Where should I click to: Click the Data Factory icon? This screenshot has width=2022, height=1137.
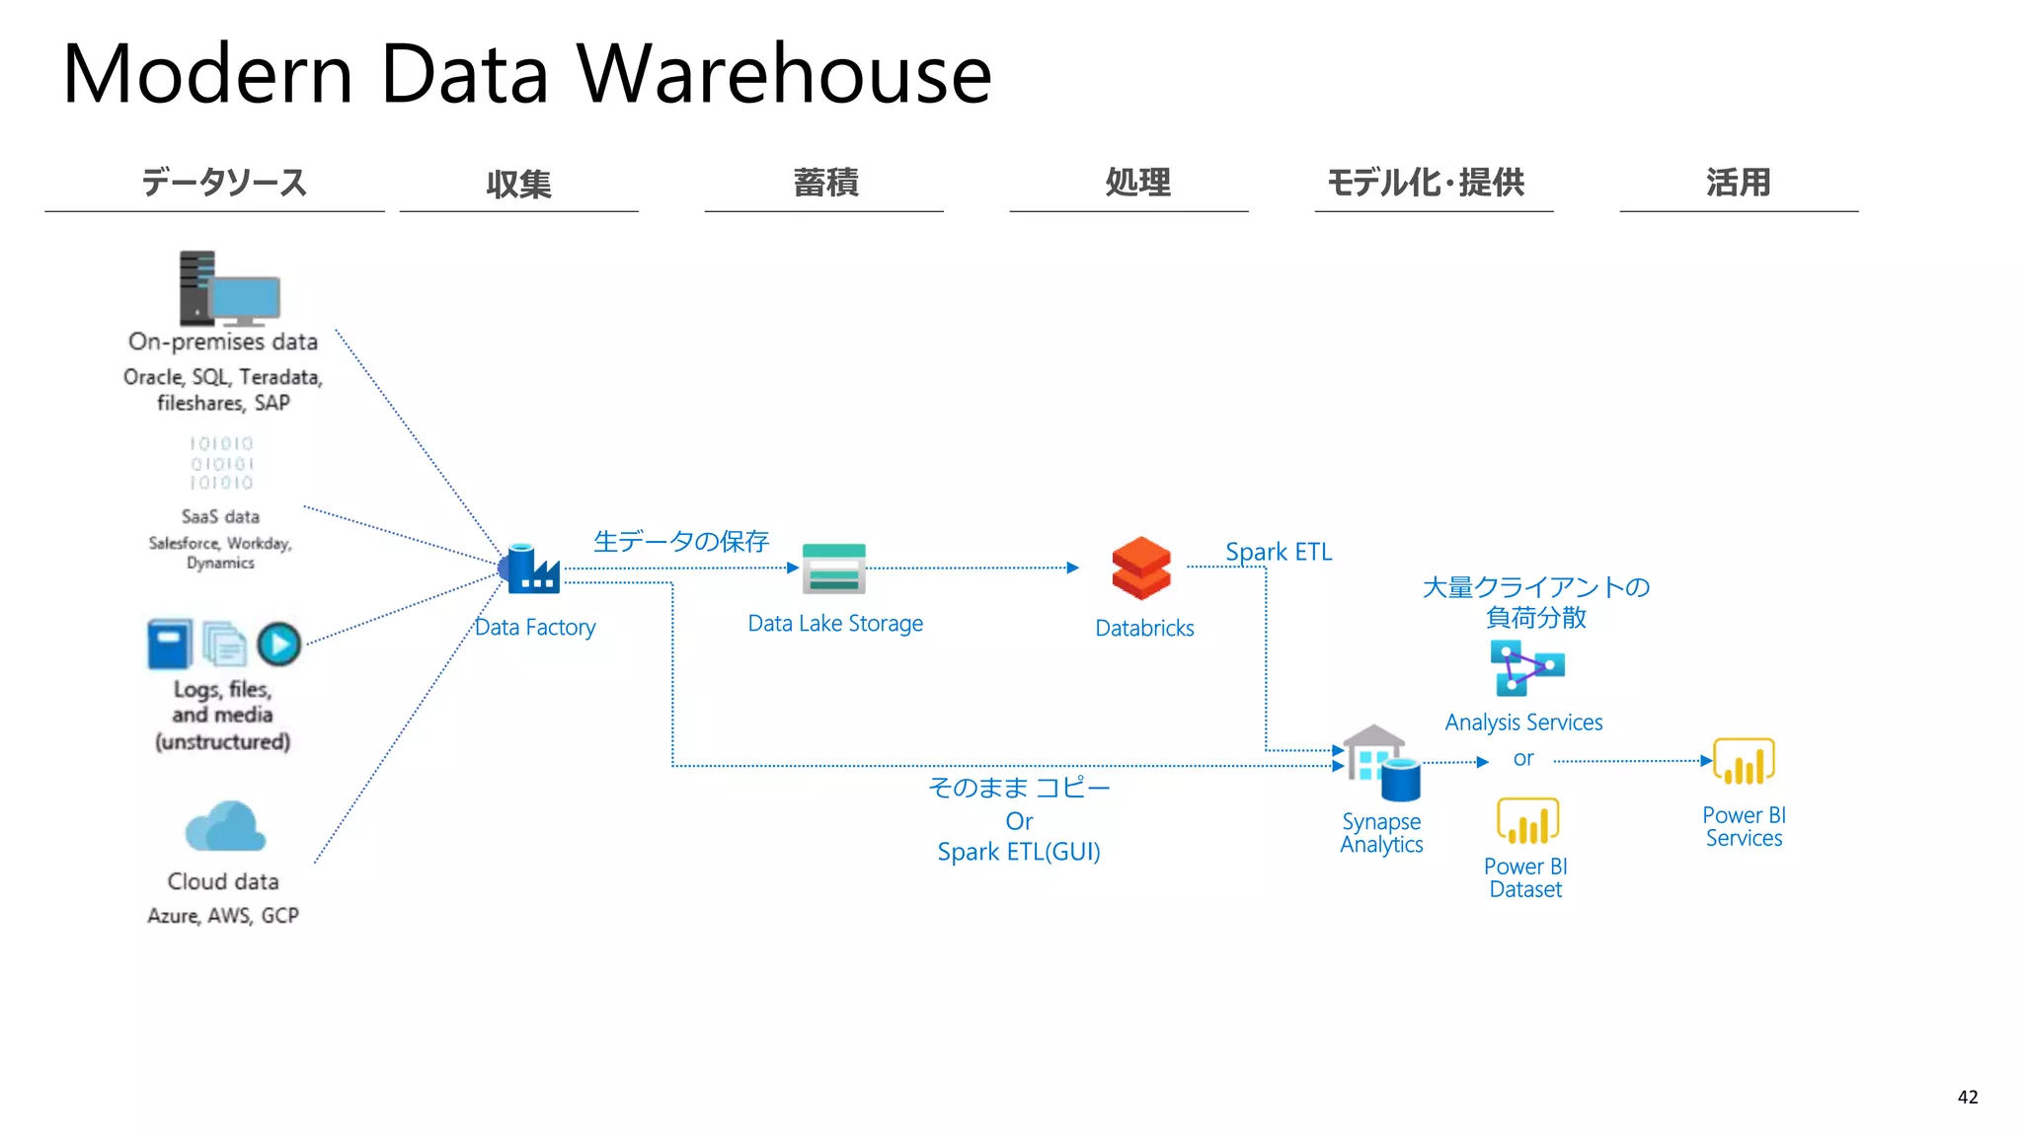click(531, 568)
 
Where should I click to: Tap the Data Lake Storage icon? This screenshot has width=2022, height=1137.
click(834, 568)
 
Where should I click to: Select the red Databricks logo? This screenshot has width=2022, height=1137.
click(1141, 568)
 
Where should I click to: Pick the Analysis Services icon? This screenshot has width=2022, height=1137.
click(1526, 668)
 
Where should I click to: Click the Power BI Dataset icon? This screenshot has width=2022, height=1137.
click(1527, 821)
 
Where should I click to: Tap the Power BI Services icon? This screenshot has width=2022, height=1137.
click(1744, 762)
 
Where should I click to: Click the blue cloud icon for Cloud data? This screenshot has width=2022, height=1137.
click(225, 827)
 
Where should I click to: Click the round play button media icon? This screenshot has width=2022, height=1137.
click(279, 644)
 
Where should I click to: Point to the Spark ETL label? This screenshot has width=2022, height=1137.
click(1279, 552)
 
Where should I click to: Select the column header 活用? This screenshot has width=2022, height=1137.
click(1738, 183)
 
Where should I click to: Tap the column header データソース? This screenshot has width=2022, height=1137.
click(224, 183)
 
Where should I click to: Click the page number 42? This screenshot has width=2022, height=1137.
click(1967, 1097)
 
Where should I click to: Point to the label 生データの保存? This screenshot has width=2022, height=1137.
click(680, 541)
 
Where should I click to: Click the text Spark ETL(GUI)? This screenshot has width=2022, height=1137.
click(1019, 852)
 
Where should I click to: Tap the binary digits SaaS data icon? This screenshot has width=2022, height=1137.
click(222, 463)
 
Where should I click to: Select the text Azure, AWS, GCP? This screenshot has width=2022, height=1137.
click(223, 916)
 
